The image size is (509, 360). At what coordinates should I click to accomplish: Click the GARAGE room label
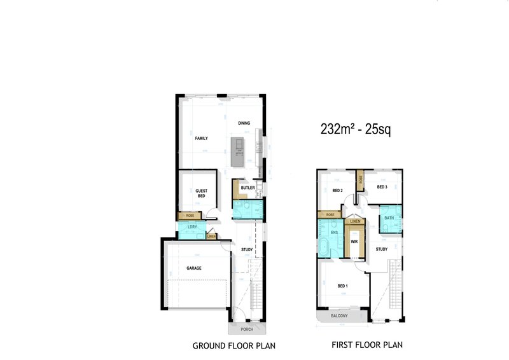194,268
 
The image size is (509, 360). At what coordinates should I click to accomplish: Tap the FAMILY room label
201,138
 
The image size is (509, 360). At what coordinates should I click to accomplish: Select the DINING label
244,123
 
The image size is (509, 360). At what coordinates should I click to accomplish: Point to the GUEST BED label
202,193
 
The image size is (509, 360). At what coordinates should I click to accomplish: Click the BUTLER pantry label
248,188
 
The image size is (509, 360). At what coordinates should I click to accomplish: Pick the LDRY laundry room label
192,227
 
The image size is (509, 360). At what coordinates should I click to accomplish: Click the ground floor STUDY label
247,249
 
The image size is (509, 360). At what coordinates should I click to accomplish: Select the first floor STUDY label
381,249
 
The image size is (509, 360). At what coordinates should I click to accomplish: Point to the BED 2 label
338,190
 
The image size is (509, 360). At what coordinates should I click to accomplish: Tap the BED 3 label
382,187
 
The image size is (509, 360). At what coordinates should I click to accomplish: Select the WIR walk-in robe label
354,241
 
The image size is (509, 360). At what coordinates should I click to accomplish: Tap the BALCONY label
339,315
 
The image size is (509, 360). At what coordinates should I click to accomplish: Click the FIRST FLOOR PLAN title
367,345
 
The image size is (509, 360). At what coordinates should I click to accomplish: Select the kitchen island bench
238,151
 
